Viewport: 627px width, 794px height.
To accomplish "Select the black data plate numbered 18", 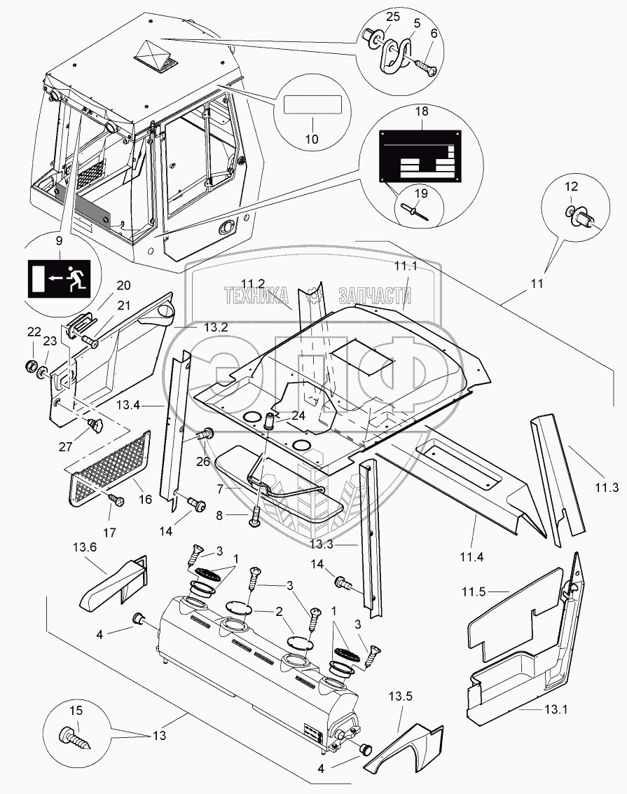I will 420,155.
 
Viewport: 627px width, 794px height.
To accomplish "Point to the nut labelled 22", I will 32,366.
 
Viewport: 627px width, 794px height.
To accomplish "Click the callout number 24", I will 298,415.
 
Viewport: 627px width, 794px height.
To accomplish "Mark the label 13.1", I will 556,709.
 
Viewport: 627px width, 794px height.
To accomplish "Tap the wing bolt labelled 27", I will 96,425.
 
